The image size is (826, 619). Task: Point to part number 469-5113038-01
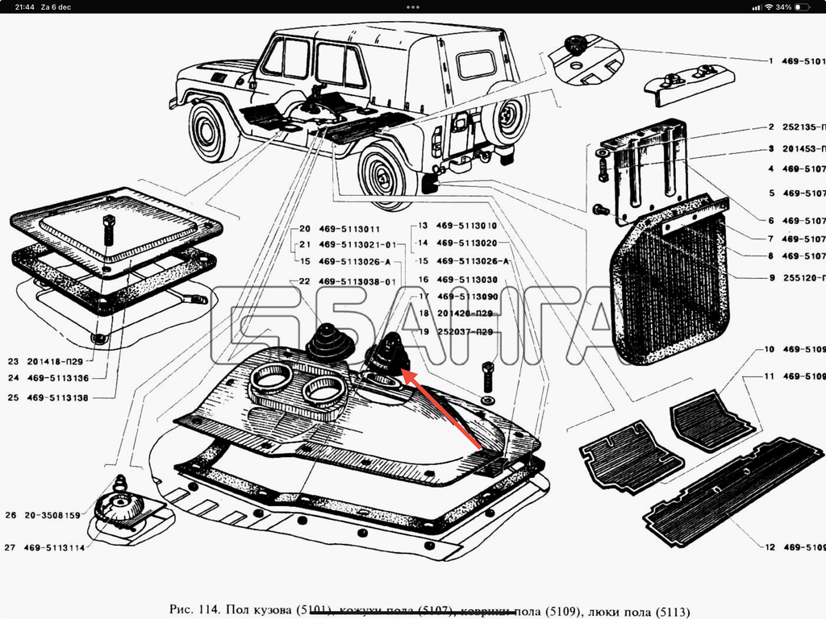pyautogui.click(x=357, y=281)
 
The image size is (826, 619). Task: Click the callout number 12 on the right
pyautogui.click(x=770, y=547)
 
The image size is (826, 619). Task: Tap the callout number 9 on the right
pyautogui.click(x=772, y=278)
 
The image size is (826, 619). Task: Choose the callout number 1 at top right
pyautogui.click(x=771, y=60)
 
